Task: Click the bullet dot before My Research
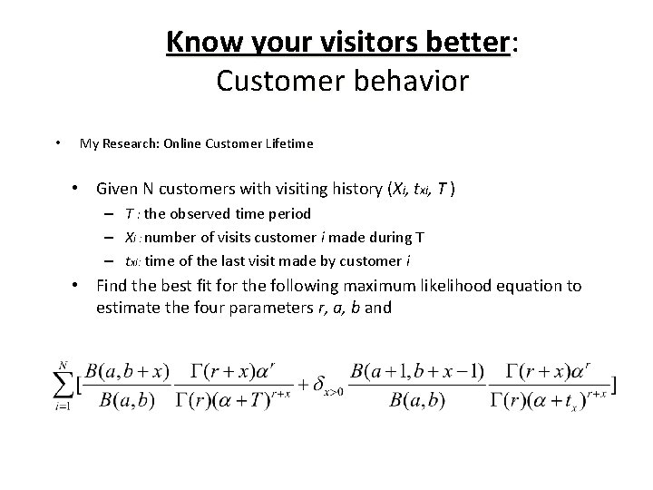(x=57, y=142)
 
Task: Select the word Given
(x=122, y=189)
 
